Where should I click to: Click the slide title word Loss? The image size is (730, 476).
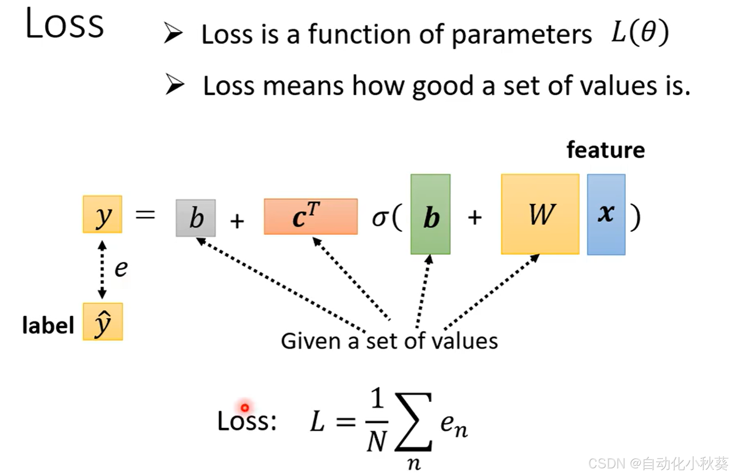click(65, 23)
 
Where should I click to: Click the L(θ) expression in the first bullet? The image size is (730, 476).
click(640, 33)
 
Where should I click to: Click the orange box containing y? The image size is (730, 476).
click(102, 214)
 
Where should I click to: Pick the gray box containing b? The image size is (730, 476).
click(196, 218)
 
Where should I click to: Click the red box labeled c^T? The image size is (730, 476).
click(311, 216)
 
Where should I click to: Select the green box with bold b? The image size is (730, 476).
click(430, 214)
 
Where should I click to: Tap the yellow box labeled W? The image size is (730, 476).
click(540, 214)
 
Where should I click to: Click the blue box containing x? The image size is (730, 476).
click(606, 214)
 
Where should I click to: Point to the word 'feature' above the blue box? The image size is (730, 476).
click(606, 150)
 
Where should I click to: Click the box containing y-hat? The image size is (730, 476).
click(103, 321)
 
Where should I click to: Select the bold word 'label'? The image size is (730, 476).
click(48, 325)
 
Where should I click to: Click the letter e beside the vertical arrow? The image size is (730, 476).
click(121, 269)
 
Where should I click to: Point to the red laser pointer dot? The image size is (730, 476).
click(245, 407)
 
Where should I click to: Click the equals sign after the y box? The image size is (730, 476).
click(145, 215)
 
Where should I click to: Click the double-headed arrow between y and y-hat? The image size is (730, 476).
click(102, 269)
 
